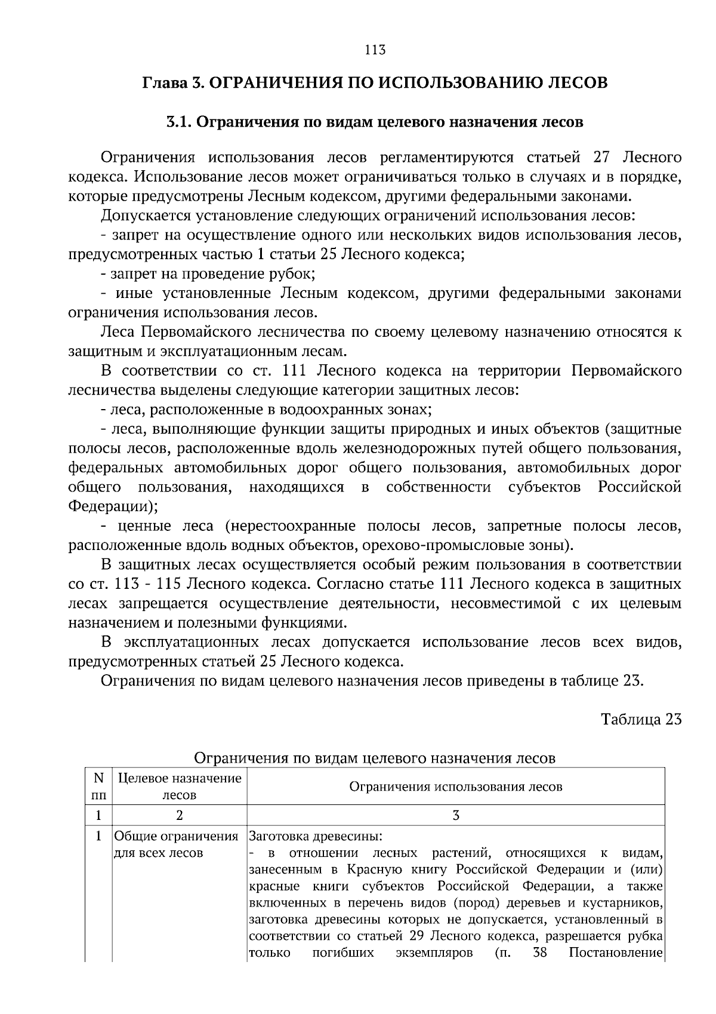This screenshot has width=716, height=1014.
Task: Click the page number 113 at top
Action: point(375,50)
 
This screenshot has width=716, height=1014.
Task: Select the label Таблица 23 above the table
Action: point(641,719)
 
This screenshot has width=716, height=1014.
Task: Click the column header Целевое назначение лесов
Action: point(180,786)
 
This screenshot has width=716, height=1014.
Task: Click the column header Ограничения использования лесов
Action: point(455,786)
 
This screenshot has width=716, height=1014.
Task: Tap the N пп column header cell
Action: point(98,786)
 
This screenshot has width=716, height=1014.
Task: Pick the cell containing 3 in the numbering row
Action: point(456,815)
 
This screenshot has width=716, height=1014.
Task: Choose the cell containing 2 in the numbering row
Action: point(180,815)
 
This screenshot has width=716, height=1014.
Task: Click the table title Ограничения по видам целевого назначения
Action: point(375,758)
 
